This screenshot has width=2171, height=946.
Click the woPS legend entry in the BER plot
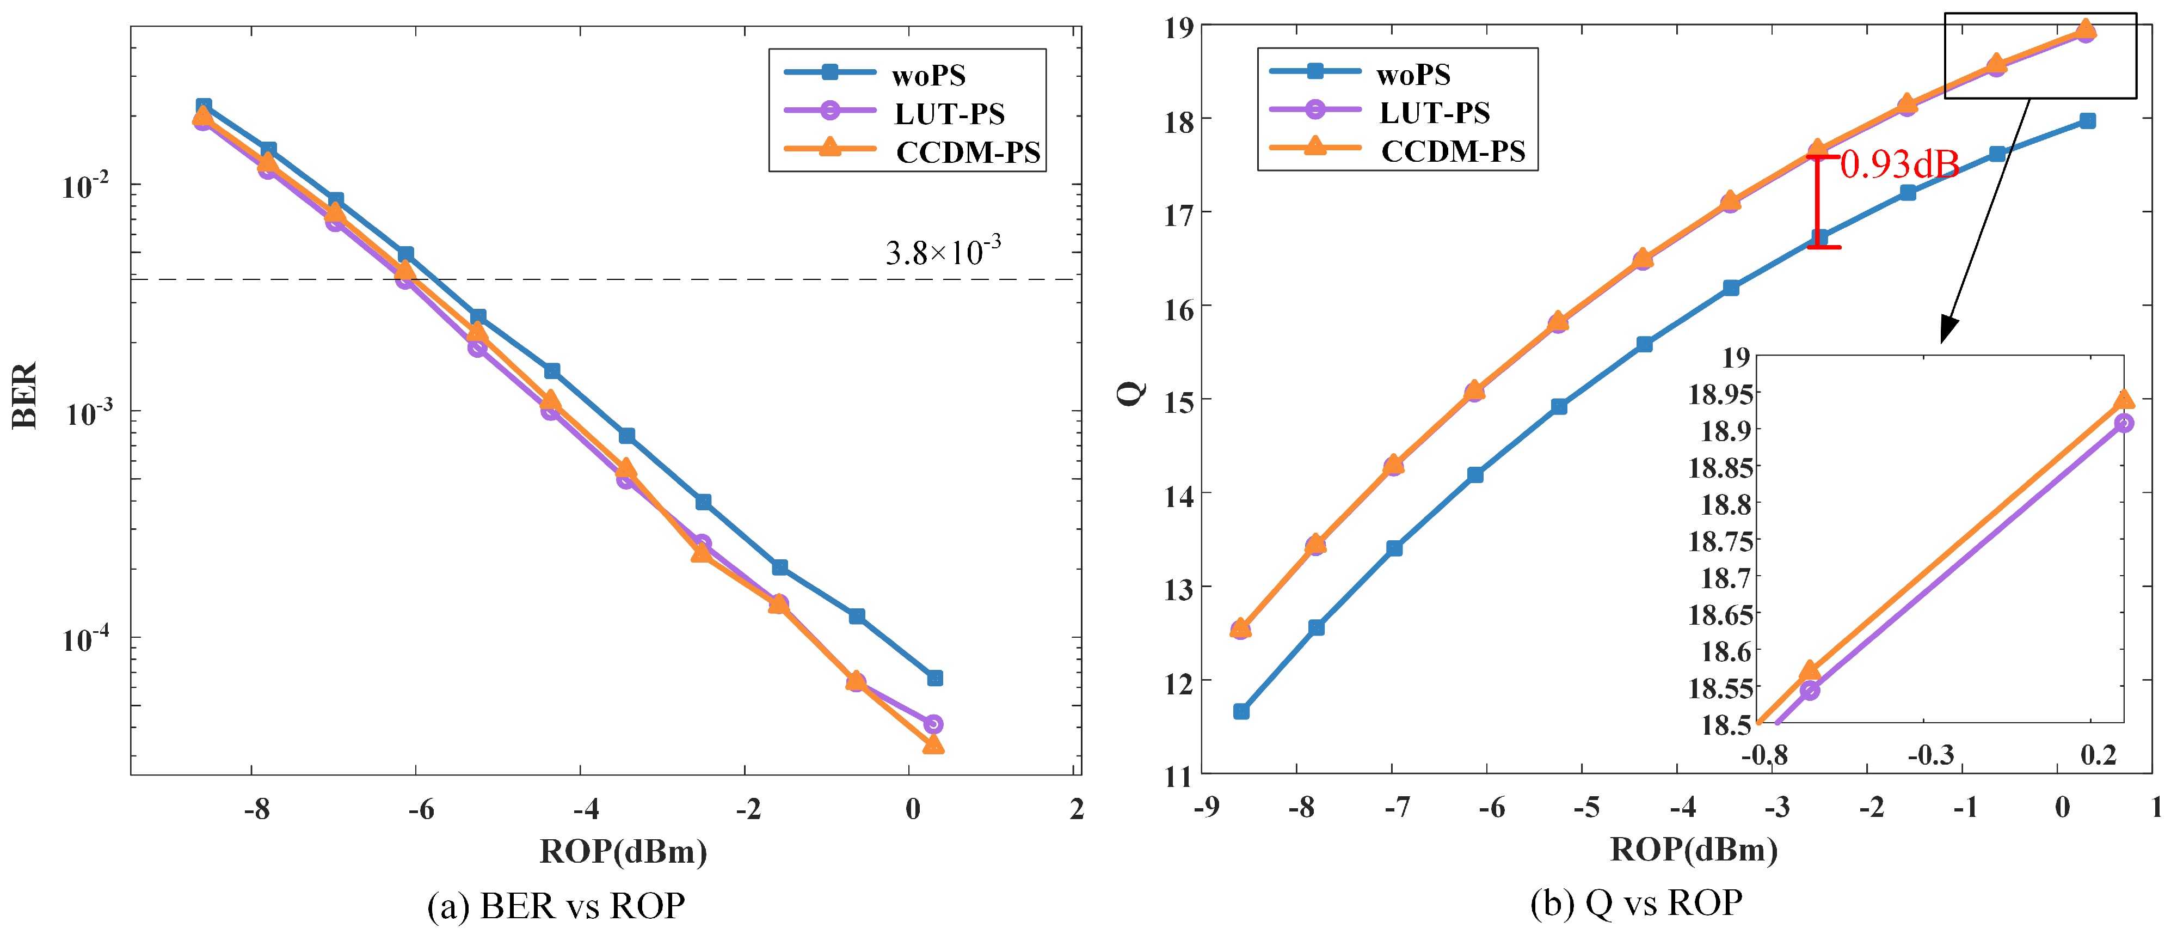[927, 75]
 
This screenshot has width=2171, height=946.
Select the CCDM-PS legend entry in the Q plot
[1452, 151]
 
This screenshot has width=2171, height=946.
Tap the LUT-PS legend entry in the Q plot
[1432, 112]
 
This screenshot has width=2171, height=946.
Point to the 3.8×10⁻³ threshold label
[942, 251]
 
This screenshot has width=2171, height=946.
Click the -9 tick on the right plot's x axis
[1206, 808]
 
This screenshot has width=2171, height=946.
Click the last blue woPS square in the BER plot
[934, 678]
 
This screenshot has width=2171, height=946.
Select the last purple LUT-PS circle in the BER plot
[932, 724]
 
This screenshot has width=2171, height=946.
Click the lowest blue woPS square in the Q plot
[1240, 712]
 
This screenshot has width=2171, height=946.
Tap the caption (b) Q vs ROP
[1635, 903]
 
